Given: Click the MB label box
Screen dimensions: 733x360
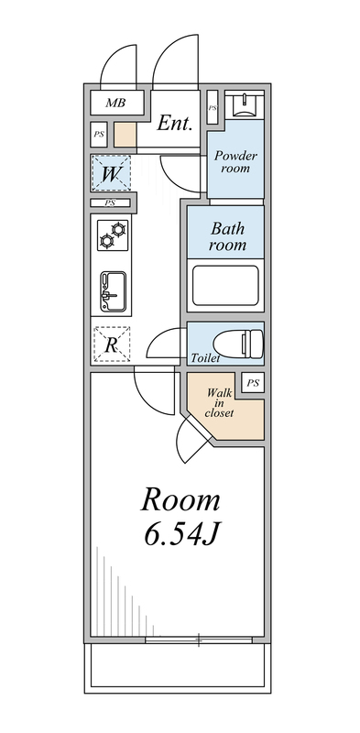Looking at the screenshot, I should (x=114, y=103).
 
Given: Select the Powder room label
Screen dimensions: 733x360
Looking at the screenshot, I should (x=235, y=162).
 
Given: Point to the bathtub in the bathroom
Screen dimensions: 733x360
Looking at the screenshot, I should (x=224, y=286).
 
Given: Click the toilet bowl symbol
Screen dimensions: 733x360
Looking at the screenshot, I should (x=249, y=344).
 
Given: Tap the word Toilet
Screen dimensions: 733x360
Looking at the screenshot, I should (x=205, y=358).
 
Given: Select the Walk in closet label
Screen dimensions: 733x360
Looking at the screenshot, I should (x=220, y=403).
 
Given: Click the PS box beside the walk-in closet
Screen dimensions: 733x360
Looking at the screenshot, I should (x=253, y=383).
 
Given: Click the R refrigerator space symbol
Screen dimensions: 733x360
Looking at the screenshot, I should (x=112, y=345).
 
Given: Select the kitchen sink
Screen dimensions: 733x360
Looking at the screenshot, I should (x=113, y=291).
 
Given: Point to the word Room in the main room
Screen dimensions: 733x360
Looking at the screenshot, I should (x=181, y=499).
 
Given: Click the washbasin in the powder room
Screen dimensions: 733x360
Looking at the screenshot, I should (x=246, y=105).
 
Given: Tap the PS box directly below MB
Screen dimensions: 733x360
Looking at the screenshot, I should (x=99, y=135).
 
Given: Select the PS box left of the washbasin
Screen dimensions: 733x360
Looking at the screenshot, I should (x=213, y=107).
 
